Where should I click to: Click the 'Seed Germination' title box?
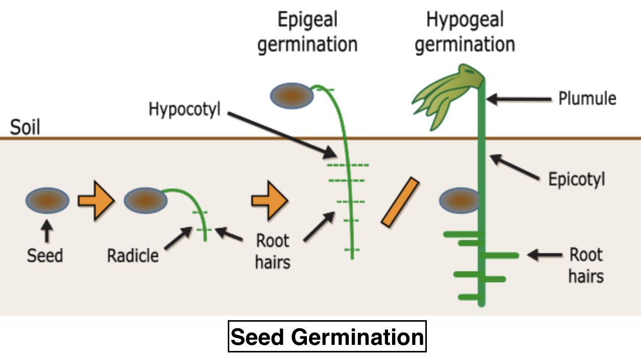(x=328, y=336)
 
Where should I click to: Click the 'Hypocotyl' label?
(x=185, y=109)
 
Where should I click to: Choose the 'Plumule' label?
(x=587, y=98)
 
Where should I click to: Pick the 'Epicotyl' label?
(x=576, y=179)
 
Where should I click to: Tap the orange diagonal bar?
(x=401, y=202)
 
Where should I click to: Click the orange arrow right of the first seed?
(x=95, y=201)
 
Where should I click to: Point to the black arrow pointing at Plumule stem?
(x=519, y=99)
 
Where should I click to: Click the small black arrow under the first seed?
(x=47, y=232)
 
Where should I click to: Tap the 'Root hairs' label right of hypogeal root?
(x=586, y=265)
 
